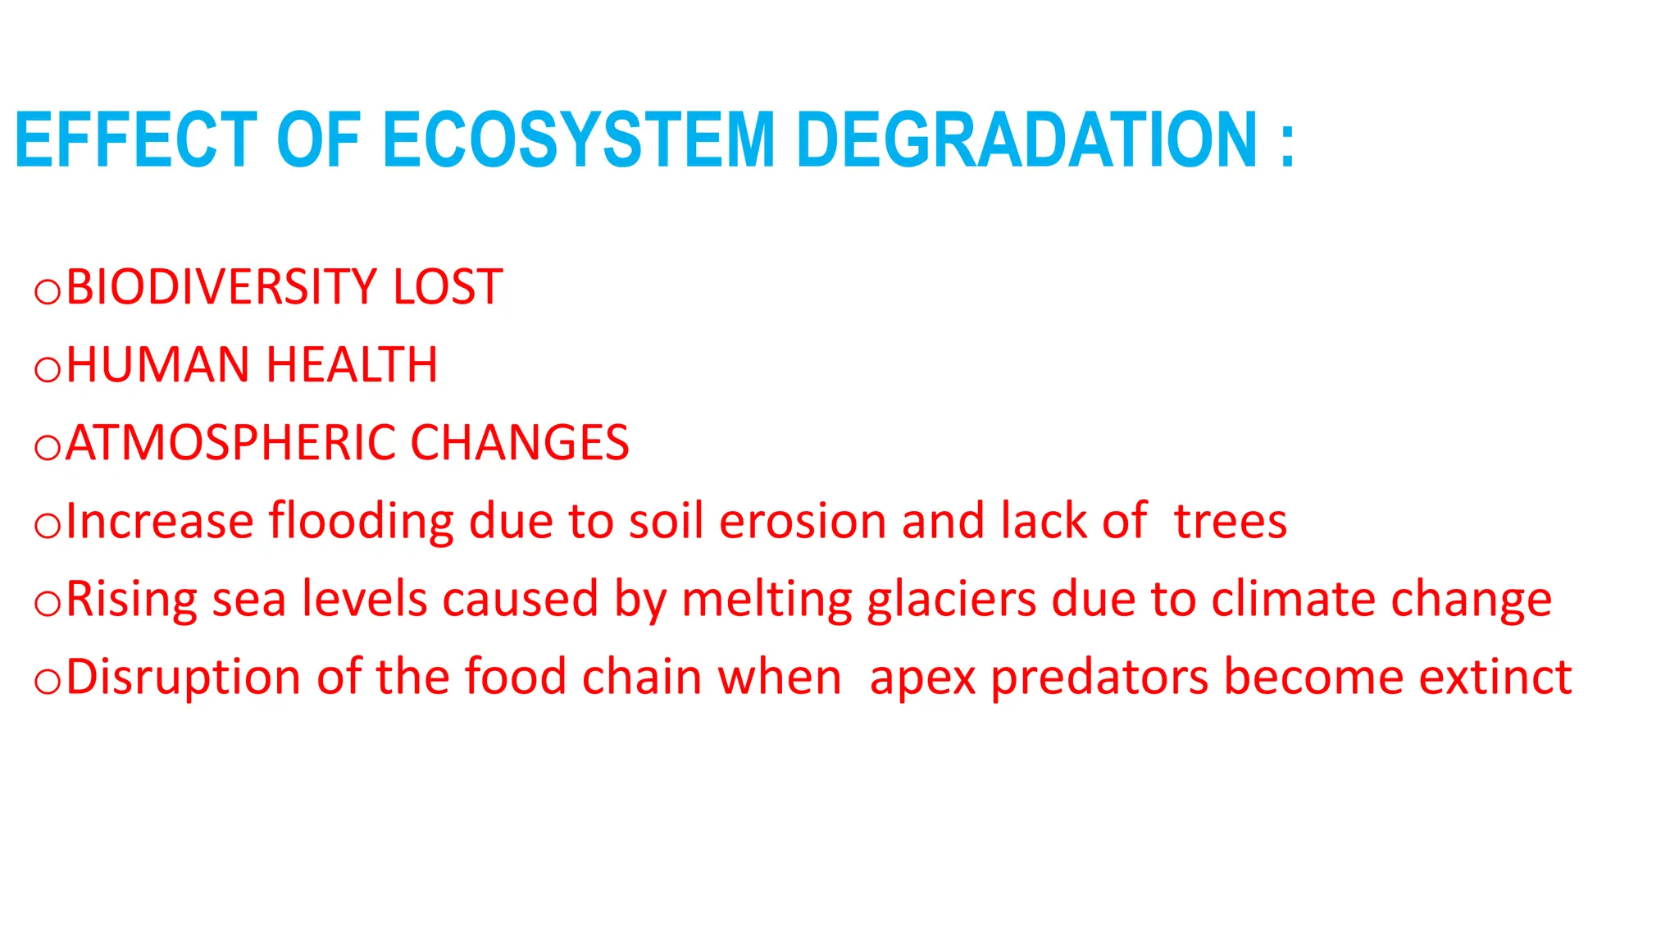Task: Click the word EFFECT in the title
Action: coord(136,140)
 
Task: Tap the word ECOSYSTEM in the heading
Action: coord(579,140)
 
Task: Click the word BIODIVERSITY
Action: coord(221,287)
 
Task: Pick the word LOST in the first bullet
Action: coord(448,287)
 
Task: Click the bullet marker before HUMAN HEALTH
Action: coord(48,370)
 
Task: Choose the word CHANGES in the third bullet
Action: coord(520,443)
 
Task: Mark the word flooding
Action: coord(361,522)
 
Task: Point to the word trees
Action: coord(1230,522)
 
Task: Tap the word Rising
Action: coord(131,600)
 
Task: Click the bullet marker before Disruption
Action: coord(48,682)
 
